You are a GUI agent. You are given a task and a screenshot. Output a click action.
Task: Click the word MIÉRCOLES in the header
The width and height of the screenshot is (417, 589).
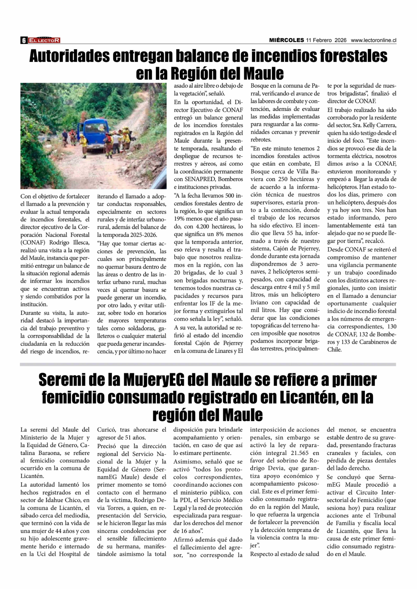coord(286,40)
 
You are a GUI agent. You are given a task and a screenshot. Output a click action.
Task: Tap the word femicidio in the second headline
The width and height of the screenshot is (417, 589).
coord(73,397)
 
